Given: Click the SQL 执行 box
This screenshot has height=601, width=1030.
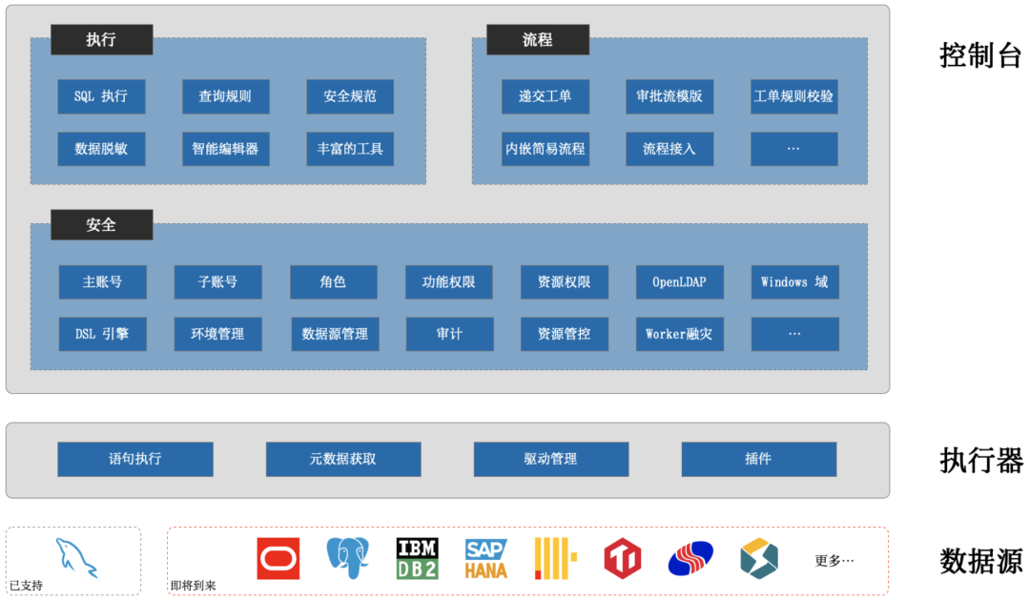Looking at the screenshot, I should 101,96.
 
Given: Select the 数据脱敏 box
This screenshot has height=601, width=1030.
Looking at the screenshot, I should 101,149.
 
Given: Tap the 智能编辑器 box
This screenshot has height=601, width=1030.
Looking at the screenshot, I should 225,149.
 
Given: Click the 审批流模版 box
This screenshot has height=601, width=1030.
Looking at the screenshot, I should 669,96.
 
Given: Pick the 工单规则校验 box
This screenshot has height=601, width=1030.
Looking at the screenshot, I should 793,96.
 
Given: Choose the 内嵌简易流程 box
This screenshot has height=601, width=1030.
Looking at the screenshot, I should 546,149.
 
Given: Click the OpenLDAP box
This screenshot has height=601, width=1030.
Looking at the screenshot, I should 680,282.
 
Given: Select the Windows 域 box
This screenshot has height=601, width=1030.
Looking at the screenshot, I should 794,282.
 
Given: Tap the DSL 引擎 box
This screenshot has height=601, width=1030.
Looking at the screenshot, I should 102,334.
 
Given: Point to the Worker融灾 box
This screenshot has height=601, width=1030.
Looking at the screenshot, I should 680,334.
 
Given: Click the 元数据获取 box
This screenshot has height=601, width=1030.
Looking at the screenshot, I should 343,459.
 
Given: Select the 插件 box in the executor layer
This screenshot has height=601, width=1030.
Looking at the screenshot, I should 758,459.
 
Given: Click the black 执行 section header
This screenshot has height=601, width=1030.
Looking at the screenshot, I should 101,39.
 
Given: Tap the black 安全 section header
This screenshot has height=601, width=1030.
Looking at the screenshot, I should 101,224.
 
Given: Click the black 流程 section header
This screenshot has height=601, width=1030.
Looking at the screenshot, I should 538,39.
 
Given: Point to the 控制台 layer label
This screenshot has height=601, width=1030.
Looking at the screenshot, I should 980,55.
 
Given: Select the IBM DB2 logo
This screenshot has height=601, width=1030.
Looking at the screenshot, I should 417,558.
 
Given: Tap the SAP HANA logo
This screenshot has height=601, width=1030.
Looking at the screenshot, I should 486,558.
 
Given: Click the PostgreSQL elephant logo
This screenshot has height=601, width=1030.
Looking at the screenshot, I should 347,558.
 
